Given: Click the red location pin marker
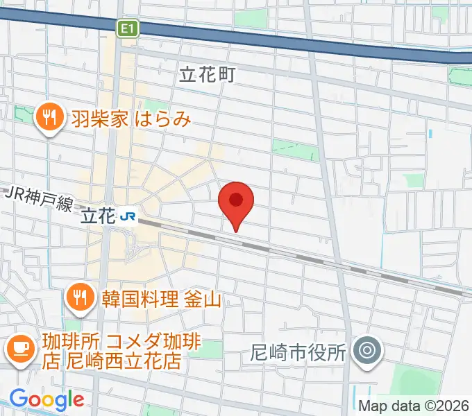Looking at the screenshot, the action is click(x=236, y=202).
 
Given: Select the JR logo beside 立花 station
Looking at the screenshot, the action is click(x=128, y=217).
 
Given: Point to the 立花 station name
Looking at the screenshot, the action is click(x=96, y=217).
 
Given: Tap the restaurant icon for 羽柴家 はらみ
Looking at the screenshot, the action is click(x=49, y=118).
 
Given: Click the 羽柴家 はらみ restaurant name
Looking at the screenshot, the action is click(x=130, y=119).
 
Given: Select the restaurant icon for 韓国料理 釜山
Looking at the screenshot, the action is click(x=81, y=299).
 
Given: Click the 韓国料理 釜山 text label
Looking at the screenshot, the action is click(x=160, y=300).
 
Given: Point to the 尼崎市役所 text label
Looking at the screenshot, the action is click(x=298, y=352).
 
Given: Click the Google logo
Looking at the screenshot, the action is click(x=46, y=399).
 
